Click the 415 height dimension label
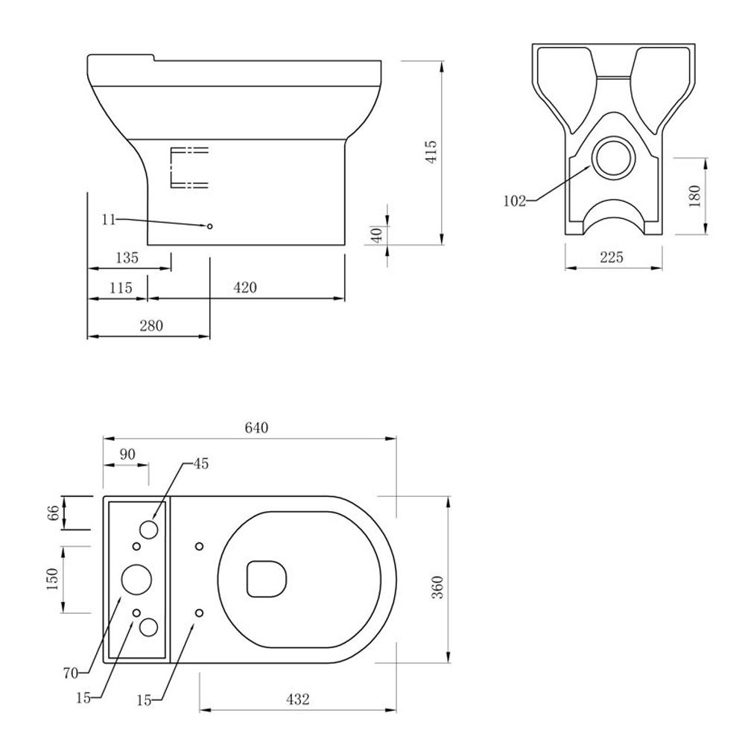pyautogui.click(x=432, y=152)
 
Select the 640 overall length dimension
pyautogui.click(x=256, y=428)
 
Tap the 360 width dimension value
pyautogui.click(x=437, y=587)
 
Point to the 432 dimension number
pyautogui.click(x=298, y=700)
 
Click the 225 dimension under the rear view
pyautogui.click(x=612, y=257)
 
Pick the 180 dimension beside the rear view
pyautogui.click(x=694, y=196)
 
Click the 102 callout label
pyautogui.click(x=515, y=201)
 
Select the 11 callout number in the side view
pyautogui.click(x=109, y=220)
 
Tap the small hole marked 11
pyautogui.click(x=209, y=226)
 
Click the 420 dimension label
pyautogui.click(x=245, y=288)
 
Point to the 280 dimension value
pyautogui.click(x=151, y=326)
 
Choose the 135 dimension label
pyautogui.click(x=127, y=258)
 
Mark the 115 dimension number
pyautogui.click(x=121, y=288)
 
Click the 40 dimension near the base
pyautogui.click(x=376, y=235)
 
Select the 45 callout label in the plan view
pyautogui.click(x=201, y=463)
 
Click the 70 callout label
pyautogui.click(x=71, y=673)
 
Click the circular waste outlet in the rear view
pyautogui.click(x=614, y=158)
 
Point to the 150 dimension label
pyautogui.click(x=53, y=579)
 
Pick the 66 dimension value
pyautogui.click(x=54, y=513)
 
